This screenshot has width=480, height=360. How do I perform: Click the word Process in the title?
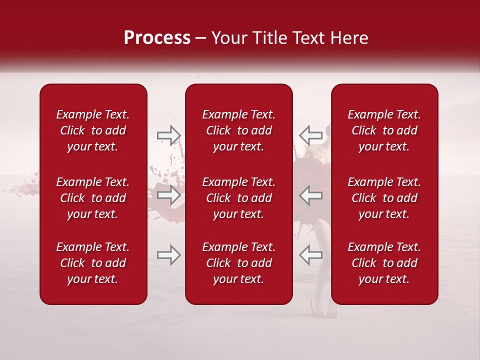(157, 38)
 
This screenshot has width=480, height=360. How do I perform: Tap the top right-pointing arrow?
(168, 134)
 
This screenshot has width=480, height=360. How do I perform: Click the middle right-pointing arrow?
(168, 194)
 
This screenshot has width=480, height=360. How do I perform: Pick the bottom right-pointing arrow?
(168, 255)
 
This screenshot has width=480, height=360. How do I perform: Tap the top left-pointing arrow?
(311, 134)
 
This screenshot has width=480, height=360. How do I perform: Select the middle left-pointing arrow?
(311, 194)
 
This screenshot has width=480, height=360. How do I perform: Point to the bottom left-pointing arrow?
(311, 255)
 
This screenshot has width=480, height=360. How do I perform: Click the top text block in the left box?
(93, 130)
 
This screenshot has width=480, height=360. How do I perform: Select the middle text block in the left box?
(93, 198)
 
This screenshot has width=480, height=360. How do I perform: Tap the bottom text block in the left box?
(93, 263)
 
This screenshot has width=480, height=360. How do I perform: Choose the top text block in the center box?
(239, 130)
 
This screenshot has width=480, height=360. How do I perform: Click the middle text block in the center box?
(239, 198)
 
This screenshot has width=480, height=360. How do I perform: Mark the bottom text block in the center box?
(239, 263)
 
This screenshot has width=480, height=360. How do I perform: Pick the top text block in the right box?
(384, 130)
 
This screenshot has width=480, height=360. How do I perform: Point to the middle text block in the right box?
(384, 198)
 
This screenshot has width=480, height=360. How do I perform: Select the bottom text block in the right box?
(384, 263)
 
